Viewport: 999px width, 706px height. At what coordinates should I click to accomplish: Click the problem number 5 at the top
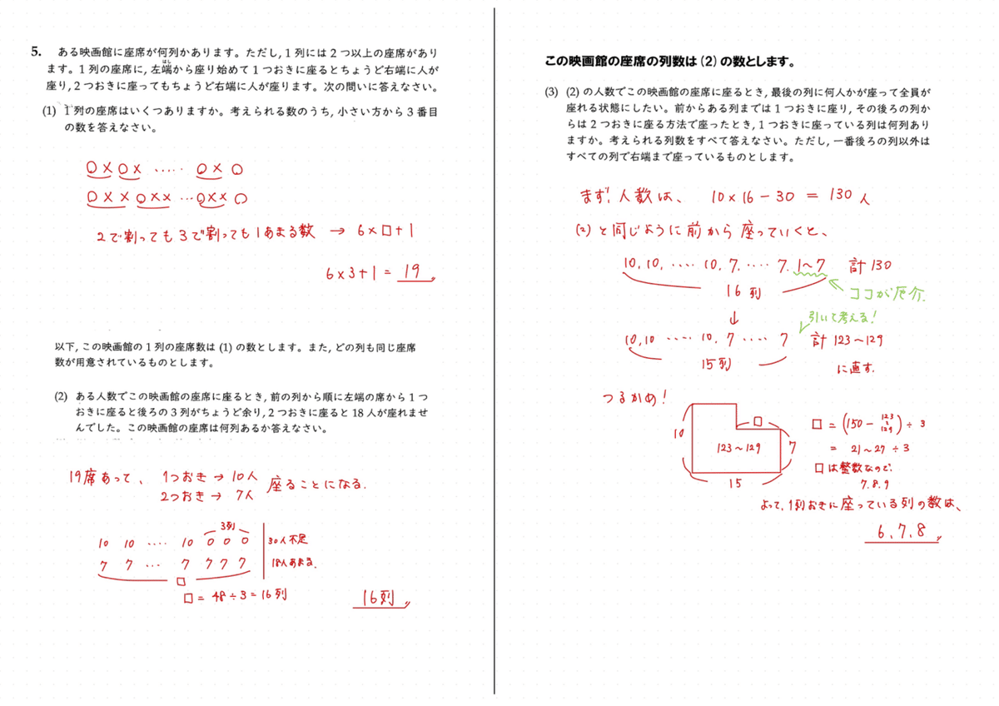click(x=36, y=52)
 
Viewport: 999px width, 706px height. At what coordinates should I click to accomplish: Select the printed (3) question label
click(x=551, y=92)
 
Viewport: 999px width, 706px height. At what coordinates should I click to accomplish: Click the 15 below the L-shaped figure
click(x=733, y=484)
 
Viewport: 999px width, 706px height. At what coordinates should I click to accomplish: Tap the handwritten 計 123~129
click(x=845, y=340)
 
